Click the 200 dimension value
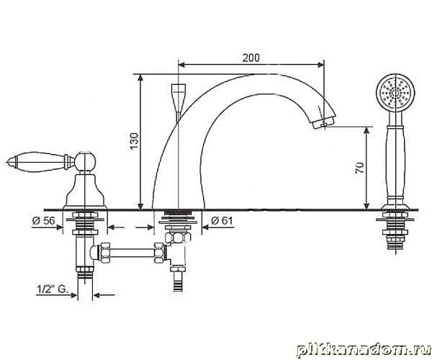[x=251, y=58]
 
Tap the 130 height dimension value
[x=134, y=140]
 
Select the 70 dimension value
[x=360, y=168]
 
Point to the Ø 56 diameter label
[x=43, y=220]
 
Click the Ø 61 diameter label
[x=222, y=220]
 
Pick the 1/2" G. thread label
[x=53, y=289]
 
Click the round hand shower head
[x=395, y=93]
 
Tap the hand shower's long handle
[x=396, y=163]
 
